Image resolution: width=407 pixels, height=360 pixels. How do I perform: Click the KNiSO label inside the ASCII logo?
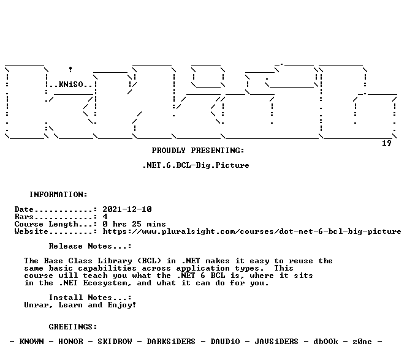pos(71,84)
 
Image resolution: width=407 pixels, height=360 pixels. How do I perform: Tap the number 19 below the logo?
pos(387,143)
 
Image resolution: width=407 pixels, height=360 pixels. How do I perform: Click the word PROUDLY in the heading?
pos(169,151)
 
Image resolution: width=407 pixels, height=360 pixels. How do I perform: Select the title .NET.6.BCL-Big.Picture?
pos(196,165)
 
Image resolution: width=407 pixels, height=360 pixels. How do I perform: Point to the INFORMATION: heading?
pos(58,194)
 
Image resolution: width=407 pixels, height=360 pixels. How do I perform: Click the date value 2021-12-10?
pos(127,209)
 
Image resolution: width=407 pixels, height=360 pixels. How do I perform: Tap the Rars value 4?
pos(105,216)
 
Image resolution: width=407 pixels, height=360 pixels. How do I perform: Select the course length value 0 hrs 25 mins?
pos(134,224)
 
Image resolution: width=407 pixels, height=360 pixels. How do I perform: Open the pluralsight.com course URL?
pos(252,231)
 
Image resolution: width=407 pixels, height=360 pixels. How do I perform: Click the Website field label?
pos(31,231)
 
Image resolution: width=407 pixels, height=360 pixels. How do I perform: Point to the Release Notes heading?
pos(90,246)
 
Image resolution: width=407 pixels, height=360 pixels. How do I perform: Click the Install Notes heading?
pos(90,298)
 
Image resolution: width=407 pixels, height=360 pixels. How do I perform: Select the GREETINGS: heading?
pos(73,327)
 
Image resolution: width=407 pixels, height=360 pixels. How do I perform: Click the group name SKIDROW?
pos(115,342)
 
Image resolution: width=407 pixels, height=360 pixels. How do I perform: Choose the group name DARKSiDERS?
pos(171,342)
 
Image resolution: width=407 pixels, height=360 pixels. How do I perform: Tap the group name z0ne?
pos(362,342)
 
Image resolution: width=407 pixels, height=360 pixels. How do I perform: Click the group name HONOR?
pos(70,342)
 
